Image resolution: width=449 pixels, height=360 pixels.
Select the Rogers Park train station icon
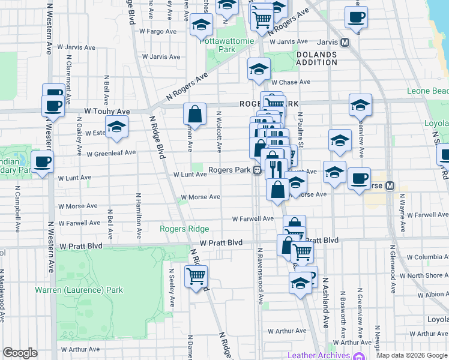point(257,170)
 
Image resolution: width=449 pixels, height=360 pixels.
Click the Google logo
point(20,353)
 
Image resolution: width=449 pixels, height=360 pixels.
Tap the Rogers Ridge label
point(184,229)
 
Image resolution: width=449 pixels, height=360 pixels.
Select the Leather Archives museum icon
point(360,355)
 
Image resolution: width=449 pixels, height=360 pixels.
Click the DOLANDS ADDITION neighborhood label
point(316,58)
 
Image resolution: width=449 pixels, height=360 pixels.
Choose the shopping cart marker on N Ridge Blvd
point(196,277)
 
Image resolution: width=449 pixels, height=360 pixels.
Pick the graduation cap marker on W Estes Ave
point(116,127)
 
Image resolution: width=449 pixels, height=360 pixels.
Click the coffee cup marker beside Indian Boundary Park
point(42,162)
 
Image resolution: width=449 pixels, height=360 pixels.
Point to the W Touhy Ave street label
point(107,112)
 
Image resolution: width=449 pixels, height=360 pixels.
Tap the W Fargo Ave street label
point(157,31)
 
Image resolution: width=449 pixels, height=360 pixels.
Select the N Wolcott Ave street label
point(219,131)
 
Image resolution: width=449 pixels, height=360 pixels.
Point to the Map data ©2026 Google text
point(411,355)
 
